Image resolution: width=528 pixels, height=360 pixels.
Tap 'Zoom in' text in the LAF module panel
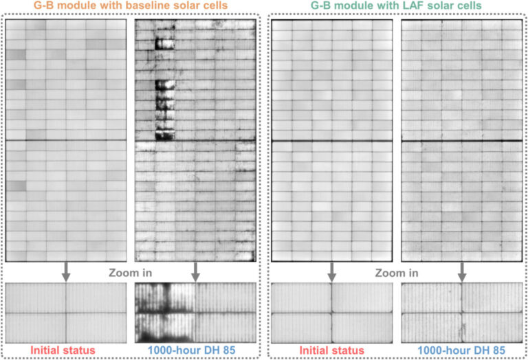[397, 272]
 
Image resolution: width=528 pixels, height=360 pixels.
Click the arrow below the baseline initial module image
[66, 272]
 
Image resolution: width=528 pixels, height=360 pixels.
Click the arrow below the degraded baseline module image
[196, 272]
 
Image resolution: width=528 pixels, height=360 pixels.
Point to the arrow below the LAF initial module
[331, 272]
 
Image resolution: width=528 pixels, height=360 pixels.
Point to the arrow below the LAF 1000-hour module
[461, 272]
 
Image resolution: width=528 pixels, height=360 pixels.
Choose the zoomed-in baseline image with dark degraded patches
[195, 313]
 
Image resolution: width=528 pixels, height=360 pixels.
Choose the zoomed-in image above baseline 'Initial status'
[66, 313]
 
